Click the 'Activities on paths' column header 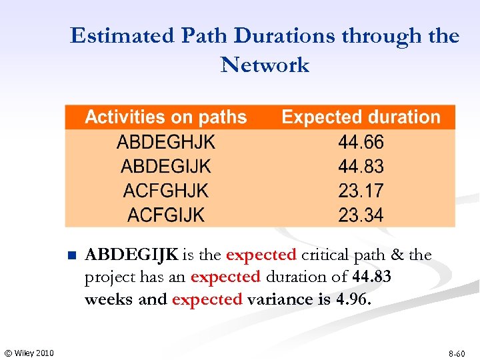(165, 117)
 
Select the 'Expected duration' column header (361, 117)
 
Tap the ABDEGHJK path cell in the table (166, 142)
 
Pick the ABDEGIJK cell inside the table (166, 166)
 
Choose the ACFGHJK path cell (166, 191)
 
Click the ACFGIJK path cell (166, 215)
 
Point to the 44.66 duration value (361, 142)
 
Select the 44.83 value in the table (361, 166)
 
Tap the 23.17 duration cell (361, 191)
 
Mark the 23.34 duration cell (361, 215)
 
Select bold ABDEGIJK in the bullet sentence (132, 255)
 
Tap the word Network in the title (265, 65)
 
